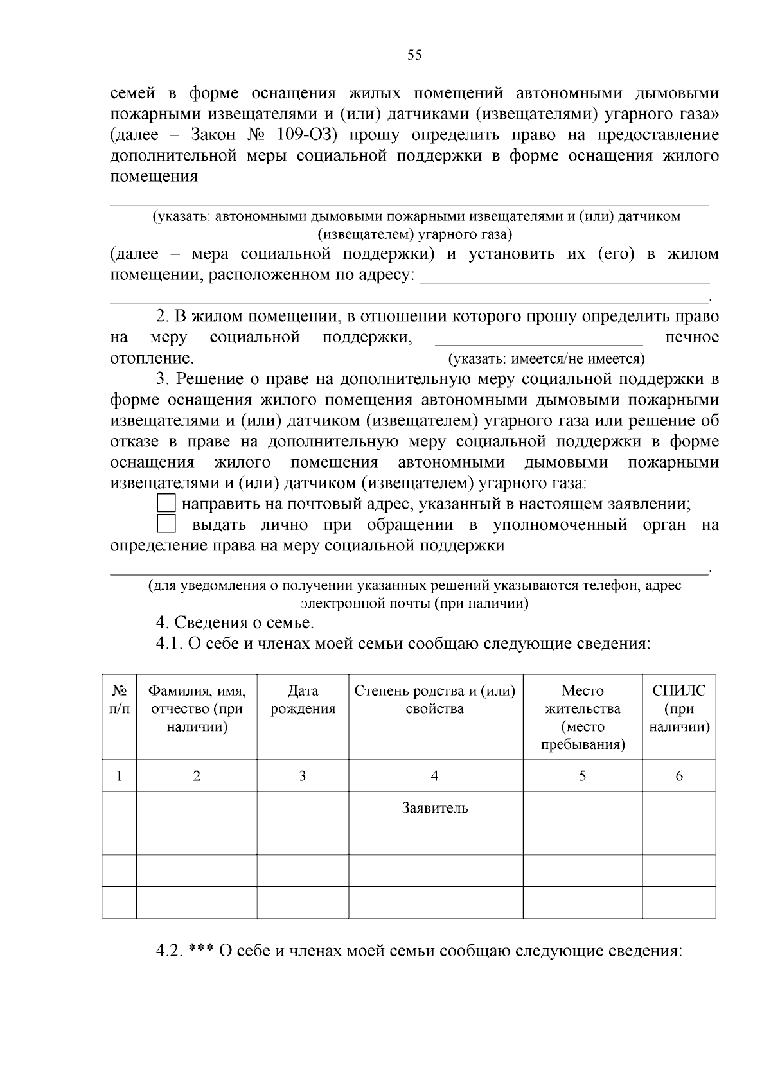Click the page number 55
coord(414,55)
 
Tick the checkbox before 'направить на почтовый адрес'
coord(166,504)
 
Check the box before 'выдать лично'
coord(166,525)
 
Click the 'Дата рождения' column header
coord(303,700)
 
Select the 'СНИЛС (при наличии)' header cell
coord(679,709)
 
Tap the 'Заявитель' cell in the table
coord(435,808)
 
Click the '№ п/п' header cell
coord(119,700)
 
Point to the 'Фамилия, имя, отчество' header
coord(197,709)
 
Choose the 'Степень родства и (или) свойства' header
coord(435,700)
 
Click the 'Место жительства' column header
coord(582,717)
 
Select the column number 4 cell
coord(435,776)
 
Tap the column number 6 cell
coord(679,776)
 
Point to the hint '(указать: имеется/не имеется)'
coord(546,359)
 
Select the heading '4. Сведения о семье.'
coord(235,622)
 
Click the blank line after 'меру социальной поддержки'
coord(609,548)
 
